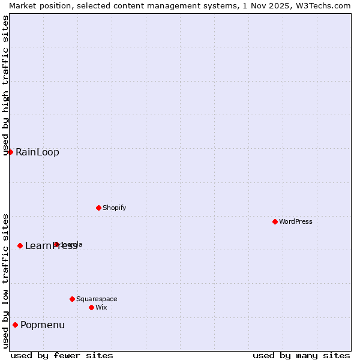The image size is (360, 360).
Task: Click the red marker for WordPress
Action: coord(275,221)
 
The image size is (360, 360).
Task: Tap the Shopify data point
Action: coord(98,208)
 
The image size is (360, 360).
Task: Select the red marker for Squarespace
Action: coord(72,299)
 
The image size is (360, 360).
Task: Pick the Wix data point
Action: coord(91,307)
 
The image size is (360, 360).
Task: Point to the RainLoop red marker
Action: coord(10,152)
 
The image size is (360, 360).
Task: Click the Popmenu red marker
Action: coord(15,325)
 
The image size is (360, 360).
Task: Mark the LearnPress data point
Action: coord(20,245)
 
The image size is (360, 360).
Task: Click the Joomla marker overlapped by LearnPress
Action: coord(56,244)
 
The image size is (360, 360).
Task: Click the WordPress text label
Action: coord(296,221)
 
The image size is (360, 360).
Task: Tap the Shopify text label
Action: coord(114,208)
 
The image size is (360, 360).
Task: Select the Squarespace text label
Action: coord(97,299)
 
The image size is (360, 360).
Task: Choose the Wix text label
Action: coord(101,307)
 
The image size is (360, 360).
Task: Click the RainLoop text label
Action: coord(37,152)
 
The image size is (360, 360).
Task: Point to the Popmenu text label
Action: coord(43,325)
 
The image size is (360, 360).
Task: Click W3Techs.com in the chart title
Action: coord(322,5)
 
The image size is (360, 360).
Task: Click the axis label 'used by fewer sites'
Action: coord(62,355)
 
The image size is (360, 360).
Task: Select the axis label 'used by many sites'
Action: coord(301,355)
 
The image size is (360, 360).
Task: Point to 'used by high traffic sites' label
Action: coord(5,85)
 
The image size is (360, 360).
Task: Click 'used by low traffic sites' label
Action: coord(5,281)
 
